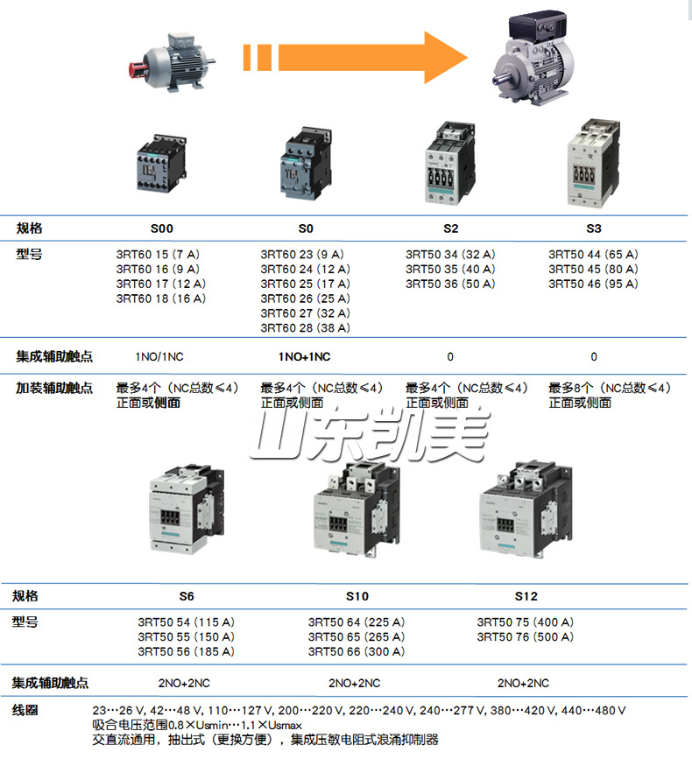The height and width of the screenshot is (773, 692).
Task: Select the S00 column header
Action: coord(162,228)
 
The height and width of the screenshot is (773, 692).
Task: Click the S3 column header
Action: coord(594,228)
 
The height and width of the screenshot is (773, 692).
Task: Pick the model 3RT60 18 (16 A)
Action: coord(161,299)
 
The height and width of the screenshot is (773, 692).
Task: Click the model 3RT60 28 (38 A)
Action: coord(305,328)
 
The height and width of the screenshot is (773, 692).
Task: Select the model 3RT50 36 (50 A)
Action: coord(450,284)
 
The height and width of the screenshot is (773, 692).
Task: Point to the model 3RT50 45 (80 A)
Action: coord(594,269)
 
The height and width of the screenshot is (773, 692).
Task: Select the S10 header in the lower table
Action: coord(357,596)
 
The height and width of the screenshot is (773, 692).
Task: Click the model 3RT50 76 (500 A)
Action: coord(526,636)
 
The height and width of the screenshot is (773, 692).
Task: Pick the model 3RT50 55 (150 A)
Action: coord(186,636)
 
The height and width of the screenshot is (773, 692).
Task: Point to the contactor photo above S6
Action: coord(186,508)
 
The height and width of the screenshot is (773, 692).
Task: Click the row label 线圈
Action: coord(25,710)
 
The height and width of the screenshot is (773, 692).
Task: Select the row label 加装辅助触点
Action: coord(54,388)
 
